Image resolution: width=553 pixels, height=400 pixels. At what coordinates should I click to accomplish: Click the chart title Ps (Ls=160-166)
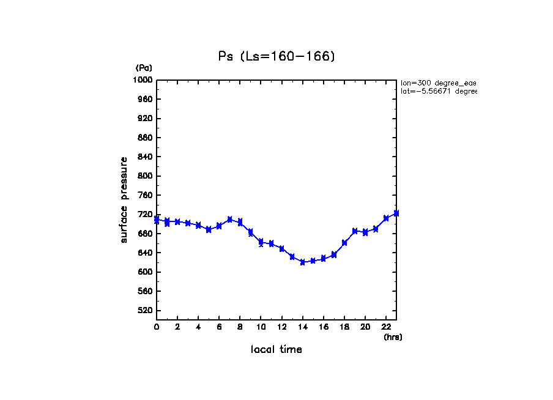[276, 56]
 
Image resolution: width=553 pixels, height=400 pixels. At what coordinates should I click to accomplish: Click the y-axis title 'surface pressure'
[124, 199]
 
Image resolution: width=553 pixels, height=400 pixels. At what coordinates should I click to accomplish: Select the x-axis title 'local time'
[276, 350]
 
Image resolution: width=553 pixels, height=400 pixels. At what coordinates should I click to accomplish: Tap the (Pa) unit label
[144, 68]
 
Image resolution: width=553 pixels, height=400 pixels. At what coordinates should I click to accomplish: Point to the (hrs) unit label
[393, 337]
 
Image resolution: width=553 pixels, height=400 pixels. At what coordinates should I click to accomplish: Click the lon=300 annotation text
[438, 83]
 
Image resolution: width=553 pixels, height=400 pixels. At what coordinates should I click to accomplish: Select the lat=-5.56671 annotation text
[438, 91]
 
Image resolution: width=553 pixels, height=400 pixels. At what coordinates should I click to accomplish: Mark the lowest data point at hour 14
[302, 262]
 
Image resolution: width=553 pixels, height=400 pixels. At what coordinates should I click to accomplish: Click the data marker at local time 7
[229, 219]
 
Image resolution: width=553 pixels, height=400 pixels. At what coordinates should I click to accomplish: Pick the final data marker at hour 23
[396, 213]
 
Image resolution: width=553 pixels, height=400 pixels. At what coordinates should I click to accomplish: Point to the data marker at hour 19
[355, 231]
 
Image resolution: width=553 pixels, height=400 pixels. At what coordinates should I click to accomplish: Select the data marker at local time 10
[261, 242]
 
